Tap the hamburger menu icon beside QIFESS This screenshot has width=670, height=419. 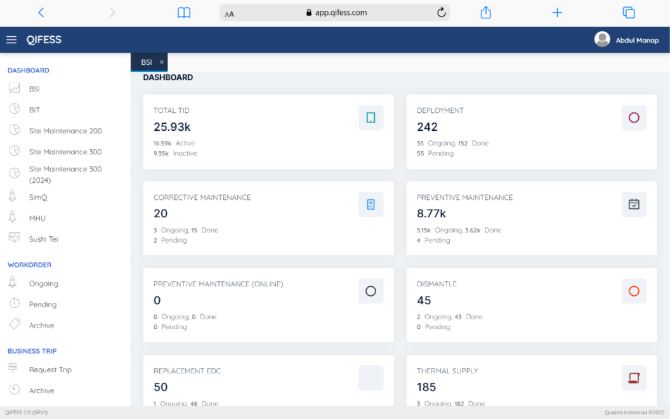(11, 40)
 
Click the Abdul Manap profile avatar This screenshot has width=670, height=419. (602, 39)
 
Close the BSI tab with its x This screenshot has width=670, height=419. (162, 62)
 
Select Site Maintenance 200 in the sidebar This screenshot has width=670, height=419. (65, 131)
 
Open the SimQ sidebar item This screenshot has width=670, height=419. (38, 197)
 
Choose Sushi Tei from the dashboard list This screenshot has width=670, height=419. (43, 239)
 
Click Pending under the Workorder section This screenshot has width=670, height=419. (43, 305)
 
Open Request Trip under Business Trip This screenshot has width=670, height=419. (50, 370)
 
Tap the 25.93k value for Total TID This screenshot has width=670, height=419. (172, 127)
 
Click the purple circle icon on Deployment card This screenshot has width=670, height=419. (634, 117)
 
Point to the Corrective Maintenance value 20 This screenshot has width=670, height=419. (161, 214)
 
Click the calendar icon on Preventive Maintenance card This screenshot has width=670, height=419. (634, 204)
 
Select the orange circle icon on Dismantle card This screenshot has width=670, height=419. (634, 291)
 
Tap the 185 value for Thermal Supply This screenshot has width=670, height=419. (426, 387)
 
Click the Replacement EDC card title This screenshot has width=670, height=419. (187, 371)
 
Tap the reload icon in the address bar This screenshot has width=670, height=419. (442, 13)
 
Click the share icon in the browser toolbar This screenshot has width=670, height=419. (486, 13)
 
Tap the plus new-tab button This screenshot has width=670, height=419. (557, 13)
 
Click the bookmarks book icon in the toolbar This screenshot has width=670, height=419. (184, 13)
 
